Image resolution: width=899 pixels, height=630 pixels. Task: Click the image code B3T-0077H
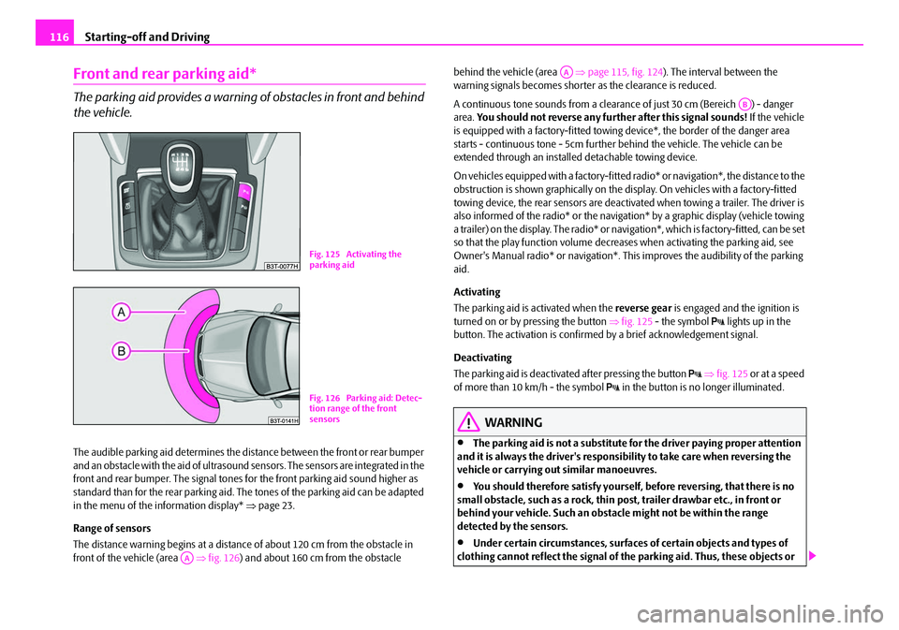click(x=280, y=265)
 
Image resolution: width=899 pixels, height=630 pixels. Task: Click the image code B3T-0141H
click(x=280, y=419)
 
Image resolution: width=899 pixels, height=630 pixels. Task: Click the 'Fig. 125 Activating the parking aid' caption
click(x=355, y=256)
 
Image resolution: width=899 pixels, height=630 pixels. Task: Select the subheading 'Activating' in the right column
click(x=477, y=291)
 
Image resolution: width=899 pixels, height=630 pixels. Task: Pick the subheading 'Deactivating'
click(x=483, y=358)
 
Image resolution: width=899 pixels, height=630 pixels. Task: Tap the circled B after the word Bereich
click(x=744, y=103)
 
